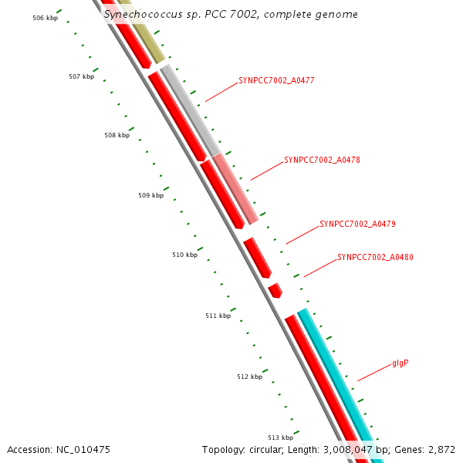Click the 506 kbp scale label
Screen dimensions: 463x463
(45, 17)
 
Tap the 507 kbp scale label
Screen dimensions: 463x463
(81, 76)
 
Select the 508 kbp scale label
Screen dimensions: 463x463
(117, 135)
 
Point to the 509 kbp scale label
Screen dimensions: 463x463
(150, 195)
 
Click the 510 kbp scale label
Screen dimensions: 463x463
(184, 255)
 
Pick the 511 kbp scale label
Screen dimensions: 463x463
(218, 316)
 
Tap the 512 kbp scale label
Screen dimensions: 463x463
(249, 377)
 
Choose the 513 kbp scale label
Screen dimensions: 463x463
(280, 438)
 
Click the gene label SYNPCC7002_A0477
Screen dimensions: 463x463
(276, 80)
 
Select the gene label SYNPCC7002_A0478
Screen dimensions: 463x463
(322, 161)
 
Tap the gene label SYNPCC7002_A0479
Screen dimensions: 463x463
(357, 225)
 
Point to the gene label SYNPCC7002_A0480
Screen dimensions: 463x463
(375, 258)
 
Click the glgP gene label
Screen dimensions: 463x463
(400, 363)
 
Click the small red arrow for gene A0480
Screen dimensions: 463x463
(275, 290)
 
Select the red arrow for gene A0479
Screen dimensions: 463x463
(258, 258)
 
